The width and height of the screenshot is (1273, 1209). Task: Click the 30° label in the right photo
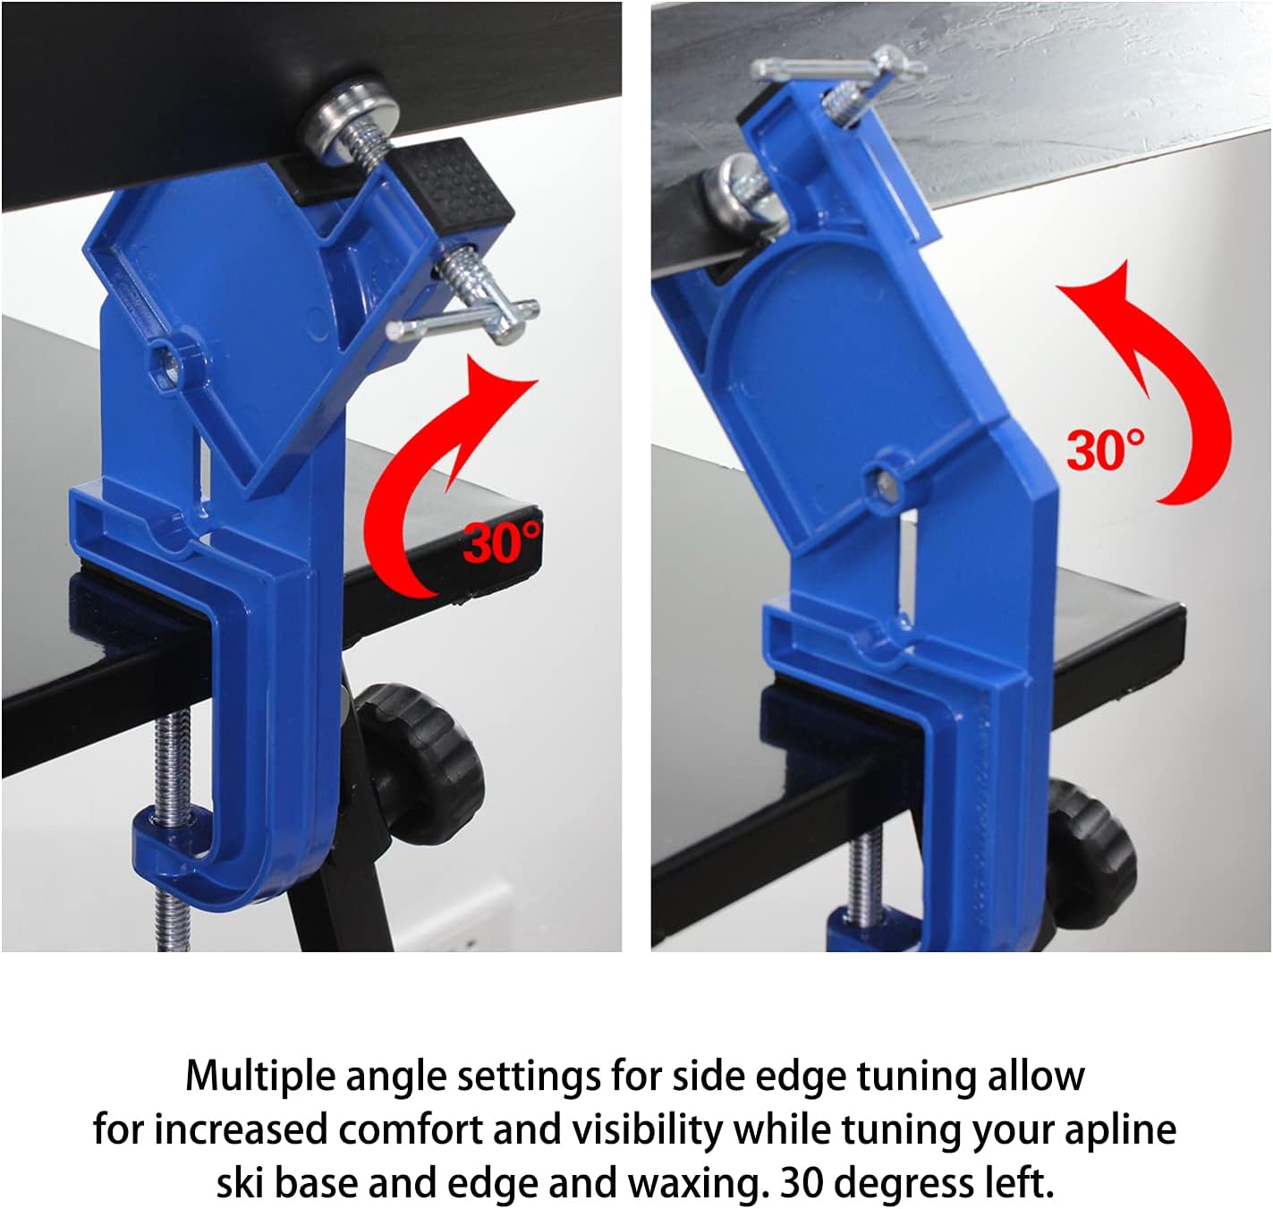[1106, 449]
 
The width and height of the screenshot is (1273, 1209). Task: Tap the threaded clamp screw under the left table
[171, 822]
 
